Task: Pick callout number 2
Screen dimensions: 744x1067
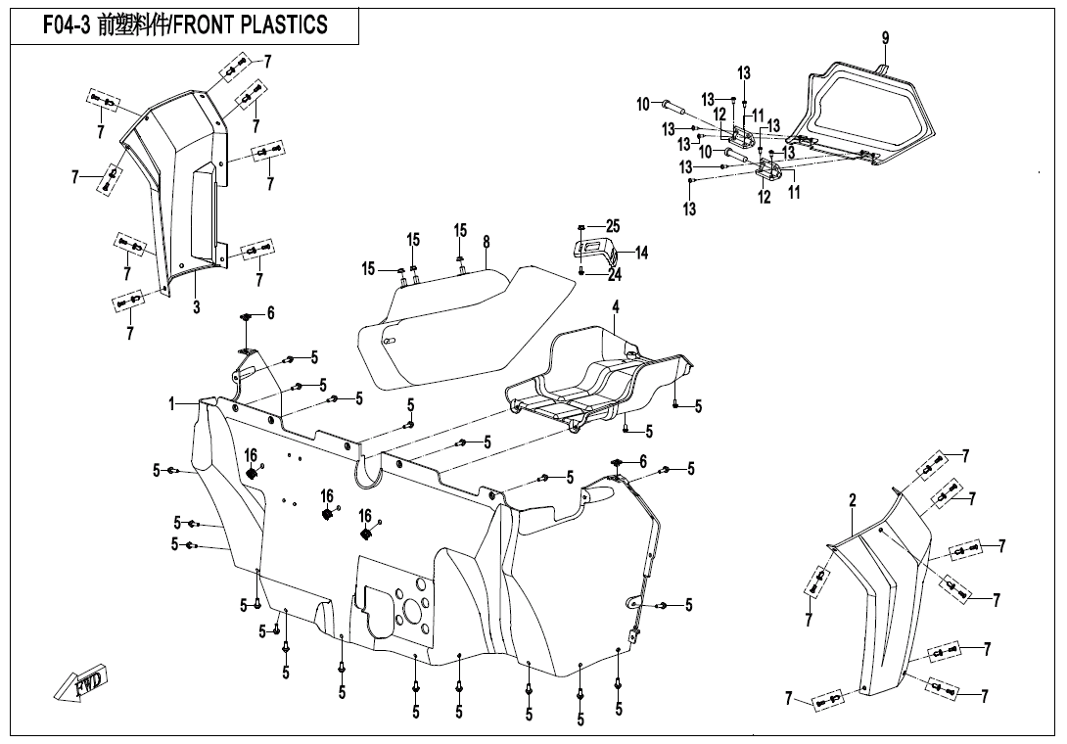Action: (853, 500)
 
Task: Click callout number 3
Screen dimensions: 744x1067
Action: (196, 307)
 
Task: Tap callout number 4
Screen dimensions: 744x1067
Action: (616, 307)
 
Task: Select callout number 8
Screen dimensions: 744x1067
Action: (486, 241)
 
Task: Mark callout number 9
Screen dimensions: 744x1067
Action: (885, 38)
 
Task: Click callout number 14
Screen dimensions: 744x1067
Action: (641, 253)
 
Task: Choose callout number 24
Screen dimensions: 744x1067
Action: (614, 275)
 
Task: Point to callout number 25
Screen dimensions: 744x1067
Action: (613, 226)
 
